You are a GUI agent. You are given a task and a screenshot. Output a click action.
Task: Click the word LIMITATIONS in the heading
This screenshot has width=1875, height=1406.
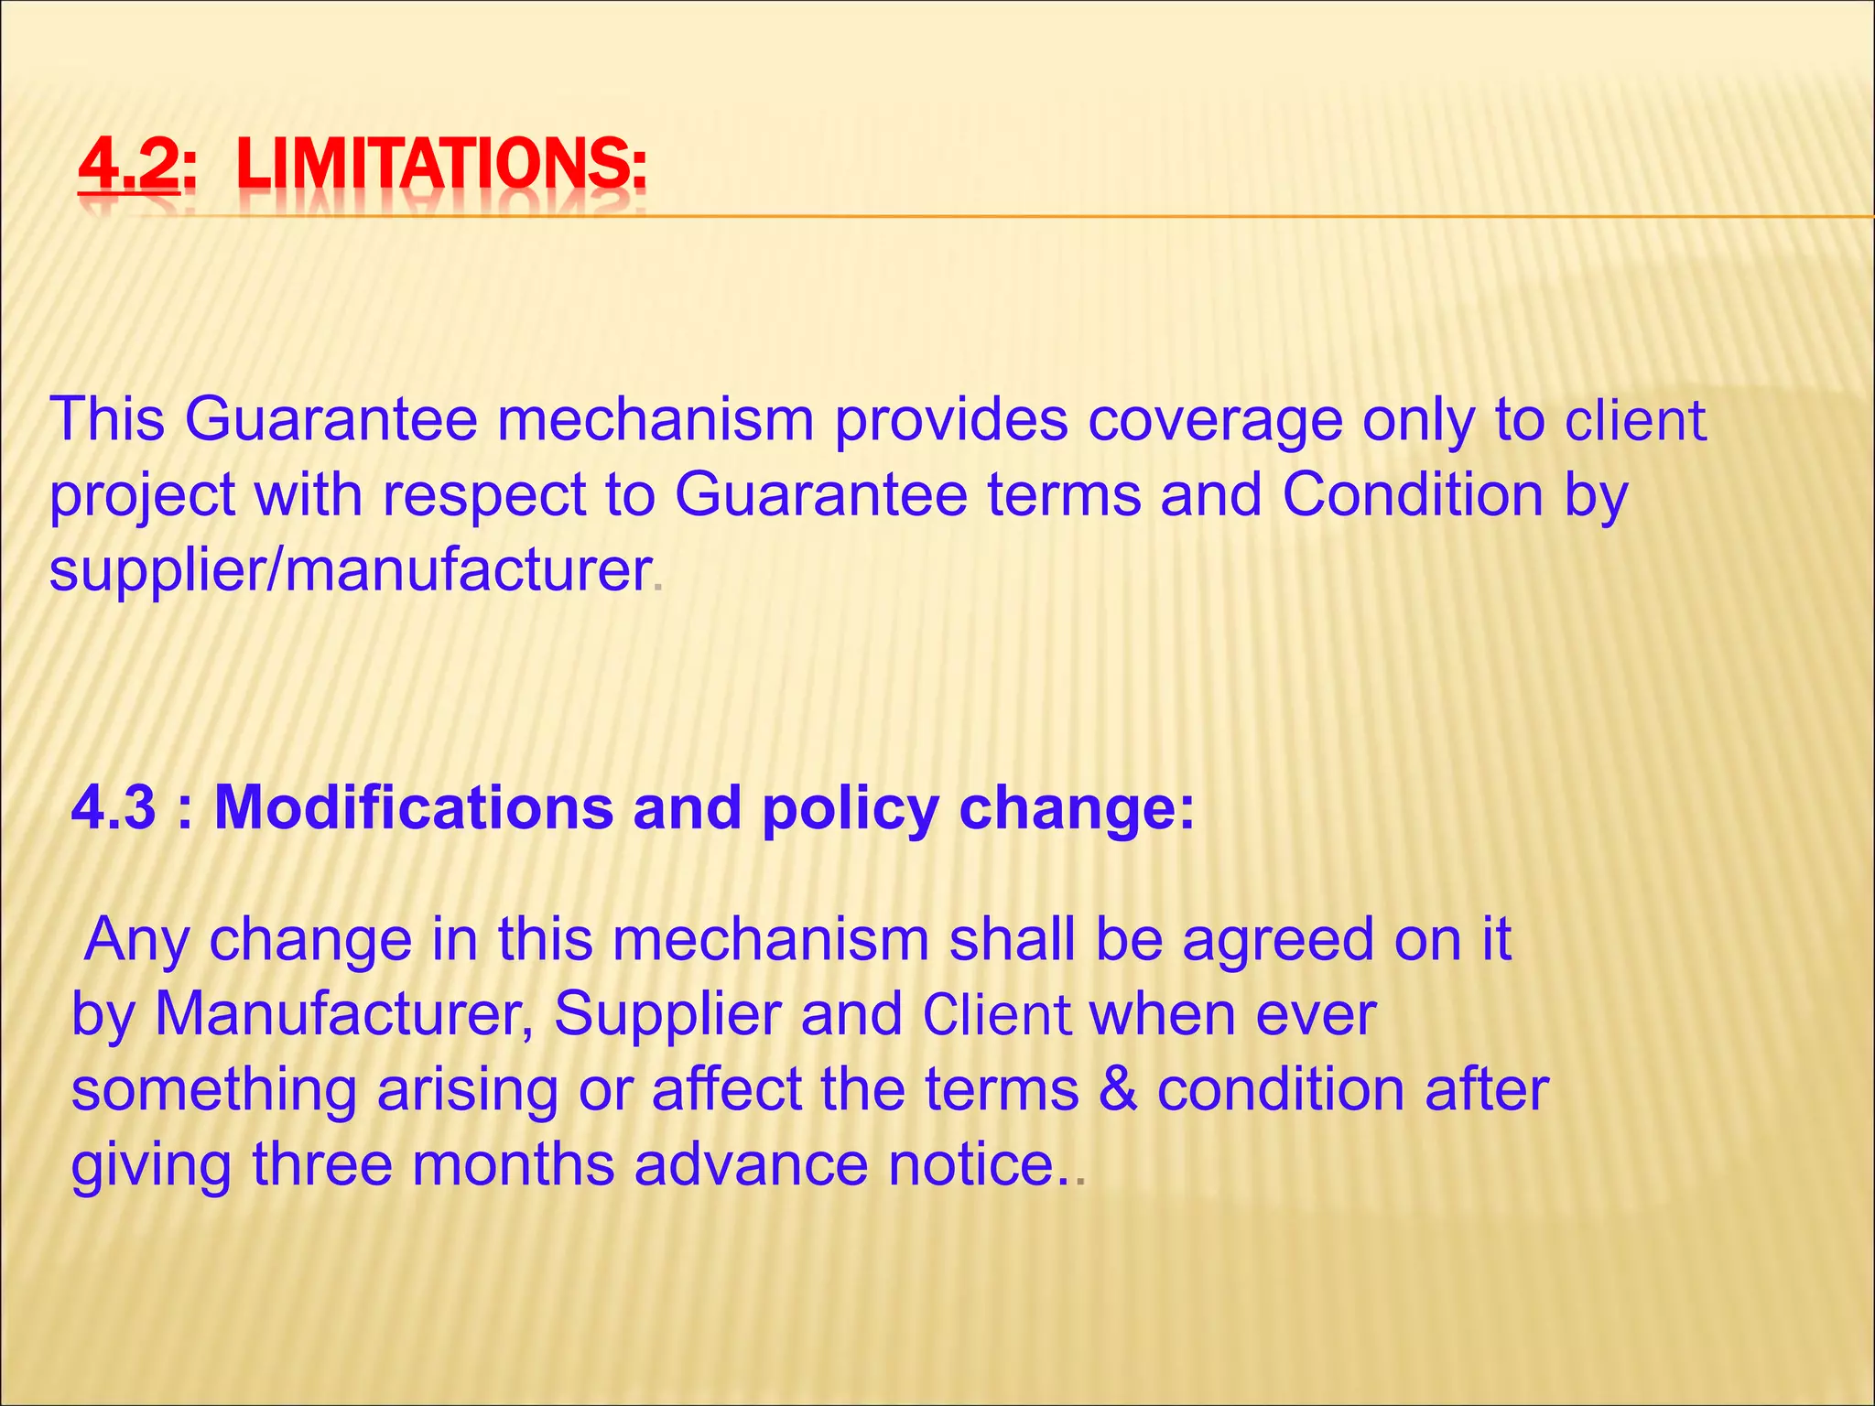(440, 167)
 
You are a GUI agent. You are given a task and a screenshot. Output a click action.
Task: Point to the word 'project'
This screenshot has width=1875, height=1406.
(143, 496)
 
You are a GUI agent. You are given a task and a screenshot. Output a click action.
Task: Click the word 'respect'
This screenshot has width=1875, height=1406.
(484, 496)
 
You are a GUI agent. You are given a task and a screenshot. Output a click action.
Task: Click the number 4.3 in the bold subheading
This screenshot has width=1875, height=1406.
(113, 807)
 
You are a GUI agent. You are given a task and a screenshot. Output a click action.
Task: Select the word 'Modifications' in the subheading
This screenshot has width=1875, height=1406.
(413, 807)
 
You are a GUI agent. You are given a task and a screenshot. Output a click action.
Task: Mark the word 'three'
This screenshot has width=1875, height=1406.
(320, 1164)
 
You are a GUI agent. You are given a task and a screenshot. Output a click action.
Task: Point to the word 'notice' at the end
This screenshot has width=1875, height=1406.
(970, 1164)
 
